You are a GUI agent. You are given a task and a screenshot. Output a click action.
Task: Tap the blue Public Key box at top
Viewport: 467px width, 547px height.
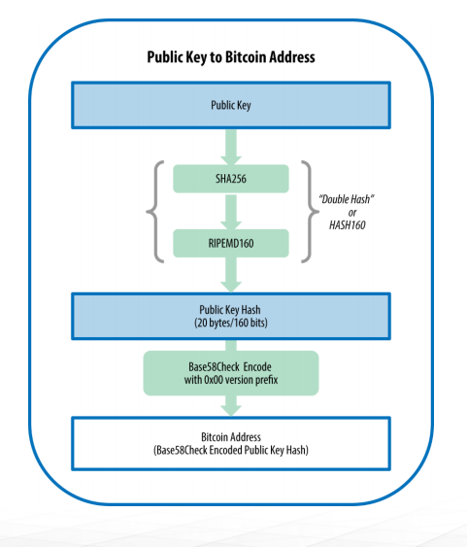click(231, 105)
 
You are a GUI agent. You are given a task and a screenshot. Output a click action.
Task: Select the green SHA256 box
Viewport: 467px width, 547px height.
click(231, 179)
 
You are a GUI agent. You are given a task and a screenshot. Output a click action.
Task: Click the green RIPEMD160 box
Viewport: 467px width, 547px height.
click(231, 243)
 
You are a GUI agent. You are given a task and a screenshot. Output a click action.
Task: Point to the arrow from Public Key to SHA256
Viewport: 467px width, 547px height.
click(231, 147)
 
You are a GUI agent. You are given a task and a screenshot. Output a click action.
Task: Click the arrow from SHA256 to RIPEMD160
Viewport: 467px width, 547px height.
click(231, 212)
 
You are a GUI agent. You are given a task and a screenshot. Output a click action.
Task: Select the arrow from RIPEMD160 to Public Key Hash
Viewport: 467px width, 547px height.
click(231, 275)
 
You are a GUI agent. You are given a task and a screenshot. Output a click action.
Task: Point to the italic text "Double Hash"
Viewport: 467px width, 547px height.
click(347, 199)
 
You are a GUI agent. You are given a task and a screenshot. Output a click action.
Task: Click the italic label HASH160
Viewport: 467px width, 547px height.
click(348, 225)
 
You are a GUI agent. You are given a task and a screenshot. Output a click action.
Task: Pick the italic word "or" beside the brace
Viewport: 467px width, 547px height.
click(352, 213)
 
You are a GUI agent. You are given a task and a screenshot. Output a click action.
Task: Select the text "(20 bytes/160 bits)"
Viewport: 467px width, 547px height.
click(231, 323)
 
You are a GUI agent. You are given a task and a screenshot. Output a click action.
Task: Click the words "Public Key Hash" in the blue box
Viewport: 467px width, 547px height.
click(230, 310)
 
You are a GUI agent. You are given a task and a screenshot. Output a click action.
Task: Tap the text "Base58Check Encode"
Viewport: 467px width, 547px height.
click(230, 366)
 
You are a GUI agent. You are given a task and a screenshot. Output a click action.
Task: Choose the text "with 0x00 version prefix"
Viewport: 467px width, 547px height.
click(231, 380)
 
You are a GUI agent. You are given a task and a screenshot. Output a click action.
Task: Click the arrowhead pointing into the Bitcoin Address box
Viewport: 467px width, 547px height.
click(231, 411)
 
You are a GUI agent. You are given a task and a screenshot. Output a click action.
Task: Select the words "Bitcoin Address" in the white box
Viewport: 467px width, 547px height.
click(231, 437)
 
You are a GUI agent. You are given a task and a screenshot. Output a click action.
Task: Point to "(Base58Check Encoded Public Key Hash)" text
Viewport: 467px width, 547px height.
click(231, 450)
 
